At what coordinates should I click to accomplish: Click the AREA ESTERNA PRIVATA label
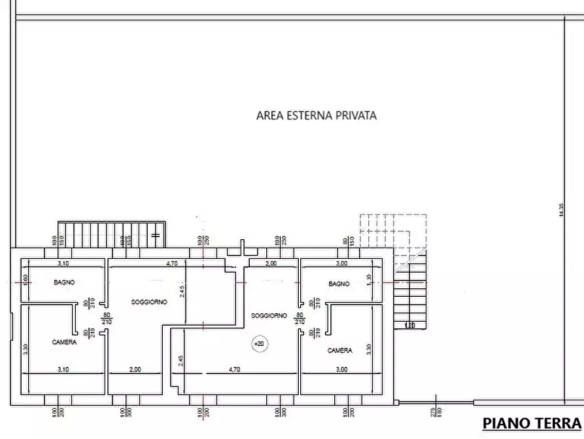[x=317, y=115]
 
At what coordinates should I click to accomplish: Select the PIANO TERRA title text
[x=532, y=423]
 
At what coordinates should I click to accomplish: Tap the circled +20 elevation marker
[x=260, y=343]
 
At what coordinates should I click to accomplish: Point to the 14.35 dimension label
[x=560, y=210]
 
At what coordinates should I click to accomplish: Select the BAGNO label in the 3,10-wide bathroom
[x=64, y=282]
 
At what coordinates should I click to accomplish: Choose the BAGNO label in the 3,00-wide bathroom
[x=339, y=284]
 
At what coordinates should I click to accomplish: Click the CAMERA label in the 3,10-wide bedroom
[x=64, y=342]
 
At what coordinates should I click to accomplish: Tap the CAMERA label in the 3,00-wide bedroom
[x=339, y=351]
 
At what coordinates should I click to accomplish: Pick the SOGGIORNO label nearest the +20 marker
[x=269, y=315]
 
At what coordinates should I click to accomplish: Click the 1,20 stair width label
[x=409, y=326]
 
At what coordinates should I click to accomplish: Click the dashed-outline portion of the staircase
[x=392, y=231]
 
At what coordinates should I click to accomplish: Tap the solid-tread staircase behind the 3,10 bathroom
[x=111, y=234]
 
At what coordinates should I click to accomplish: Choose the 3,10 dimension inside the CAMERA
[x=63, y=370]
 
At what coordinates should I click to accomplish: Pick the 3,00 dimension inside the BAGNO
[x=341, y=263]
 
